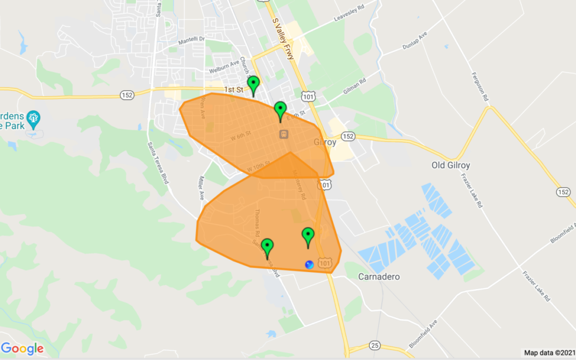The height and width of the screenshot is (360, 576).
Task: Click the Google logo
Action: click(22, 349)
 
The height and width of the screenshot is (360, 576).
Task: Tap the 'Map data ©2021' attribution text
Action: click(548, 353)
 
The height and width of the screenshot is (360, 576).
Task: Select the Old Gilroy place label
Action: click(451, 165)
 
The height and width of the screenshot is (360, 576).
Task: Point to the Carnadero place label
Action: click(379, 277)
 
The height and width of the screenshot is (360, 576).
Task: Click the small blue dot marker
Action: click(309, 264)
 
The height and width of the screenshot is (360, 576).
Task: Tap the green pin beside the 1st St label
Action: click(254, 84)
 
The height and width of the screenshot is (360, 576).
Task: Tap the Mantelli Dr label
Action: click(191, 40)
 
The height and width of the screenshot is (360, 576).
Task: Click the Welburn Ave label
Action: click(224, 70)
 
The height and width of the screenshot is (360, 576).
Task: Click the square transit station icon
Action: click(284, 133)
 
